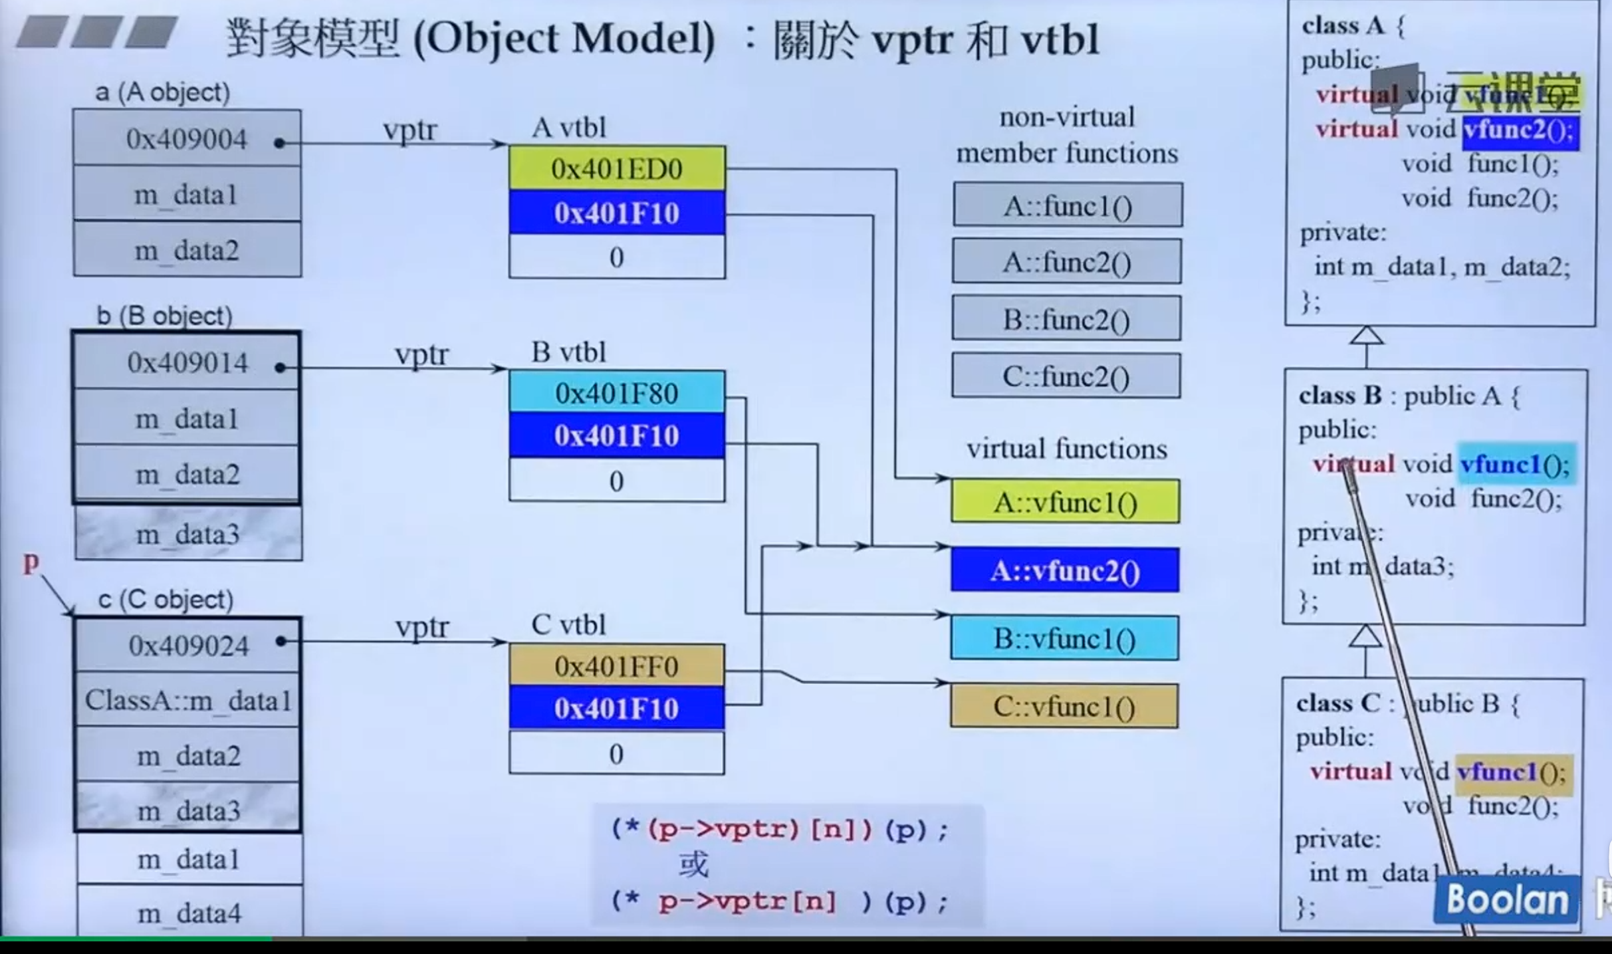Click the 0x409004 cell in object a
point(186,139)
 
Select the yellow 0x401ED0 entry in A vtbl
point(616,169)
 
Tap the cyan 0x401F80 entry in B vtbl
point(616,394)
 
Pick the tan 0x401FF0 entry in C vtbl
point(616,666)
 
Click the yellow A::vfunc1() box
point(1065,503)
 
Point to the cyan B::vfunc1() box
point(1065,639)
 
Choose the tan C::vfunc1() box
point(1065,707)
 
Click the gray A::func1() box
point(1067,206)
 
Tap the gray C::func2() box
point(1066,377)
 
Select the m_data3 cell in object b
point(188,534)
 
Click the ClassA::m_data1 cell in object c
point(188,700)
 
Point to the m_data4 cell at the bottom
point(189,913)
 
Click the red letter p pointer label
point(31,562)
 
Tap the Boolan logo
point(1506,900)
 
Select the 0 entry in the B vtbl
point(616,481)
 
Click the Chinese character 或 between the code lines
point(693,865)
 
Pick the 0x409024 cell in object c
point(188,646)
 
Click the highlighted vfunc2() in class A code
point(1520,130)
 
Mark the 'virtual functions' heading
point(1066,449)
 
